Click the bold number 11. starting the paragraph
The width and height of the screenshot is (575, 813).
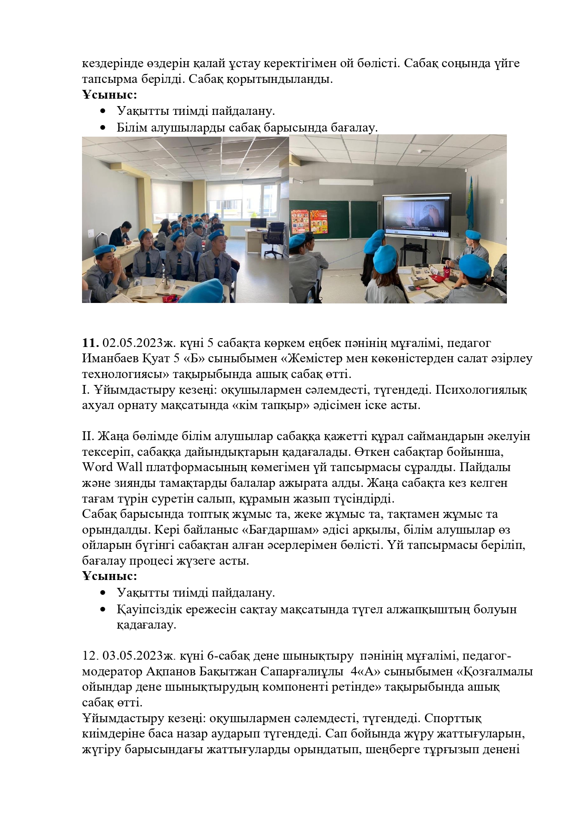point(90,343)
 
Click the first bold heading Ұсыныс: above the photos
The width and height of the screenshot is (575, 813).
point(109,95)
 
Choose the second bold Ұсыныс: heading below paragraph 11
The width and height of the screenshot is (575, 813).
point(109,576)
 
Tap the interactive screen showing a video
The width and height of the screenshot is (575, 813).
point(416,217)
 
